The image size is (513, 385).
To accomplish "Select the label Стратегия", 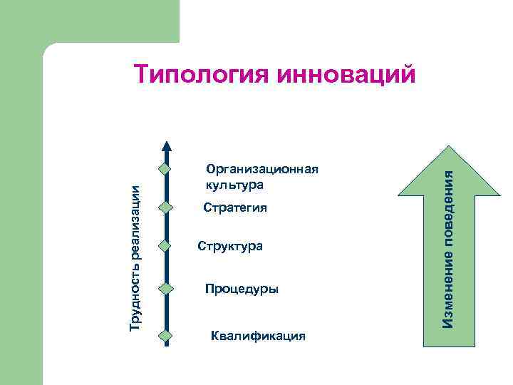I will (x=235, y=208).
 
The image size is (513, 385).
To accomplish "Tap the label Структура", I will (x=230, y=246).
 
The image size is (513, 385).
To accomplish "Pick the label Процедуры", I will (x=242, y=289).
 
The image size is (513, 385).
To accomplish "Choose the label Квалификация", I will (x=259, y=335).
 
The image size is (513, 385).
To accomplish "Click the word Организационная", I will (x=261, y=170).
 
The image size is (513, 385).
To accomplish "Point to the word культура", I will (x=234, y=185).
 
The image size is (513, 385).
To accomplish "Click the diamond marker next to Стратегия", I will (x=165, y=207).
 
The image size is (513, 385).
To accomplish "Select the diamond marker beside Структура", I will (x=165, y=246).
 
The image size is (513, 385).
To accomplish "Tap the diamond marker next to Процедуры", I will (x=165, y=289).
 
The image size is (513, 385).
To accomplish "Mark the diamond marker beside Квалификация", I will (x=165, y=335).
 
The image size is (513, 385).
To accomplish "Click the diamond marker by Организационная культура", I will (x=165, y=170).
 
